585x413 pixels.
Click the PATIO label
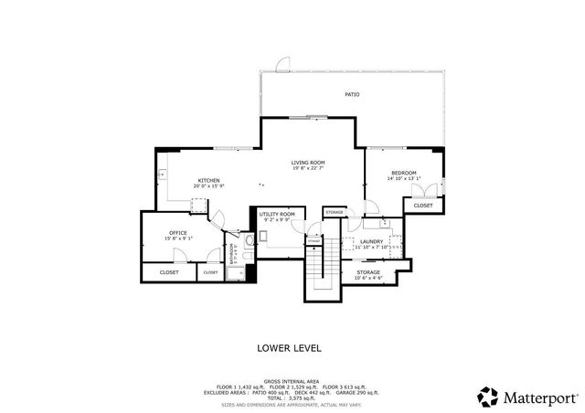(x=352, y=94)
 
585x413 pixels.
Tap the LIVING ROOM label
(x=308, y=162)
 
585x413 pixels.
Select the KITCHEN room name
(x=208, y=181)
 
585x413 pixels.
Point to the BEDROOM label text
(x=404, y=173)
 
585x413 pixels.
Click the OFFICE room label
(x=178, y=233)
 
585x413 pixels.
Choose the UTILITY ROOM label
(x=276, y=214)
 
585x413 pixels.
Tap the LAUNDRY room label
(x=371, y=241)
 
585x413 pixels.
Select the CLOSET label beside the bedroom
(x=423, y=206)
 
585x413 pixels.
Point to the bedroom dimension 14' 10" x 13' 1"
(x=404, y=179)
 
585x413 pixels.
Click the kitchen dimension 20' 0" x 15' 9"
(x=208, y=186)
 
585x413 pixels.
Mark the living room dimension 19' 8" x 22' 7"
(x=308, y=168)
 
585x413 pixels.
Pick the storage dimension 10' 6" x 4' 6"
(x=368, y=278)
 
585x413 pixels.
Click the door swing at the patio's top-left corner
(x=282, y=65)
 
